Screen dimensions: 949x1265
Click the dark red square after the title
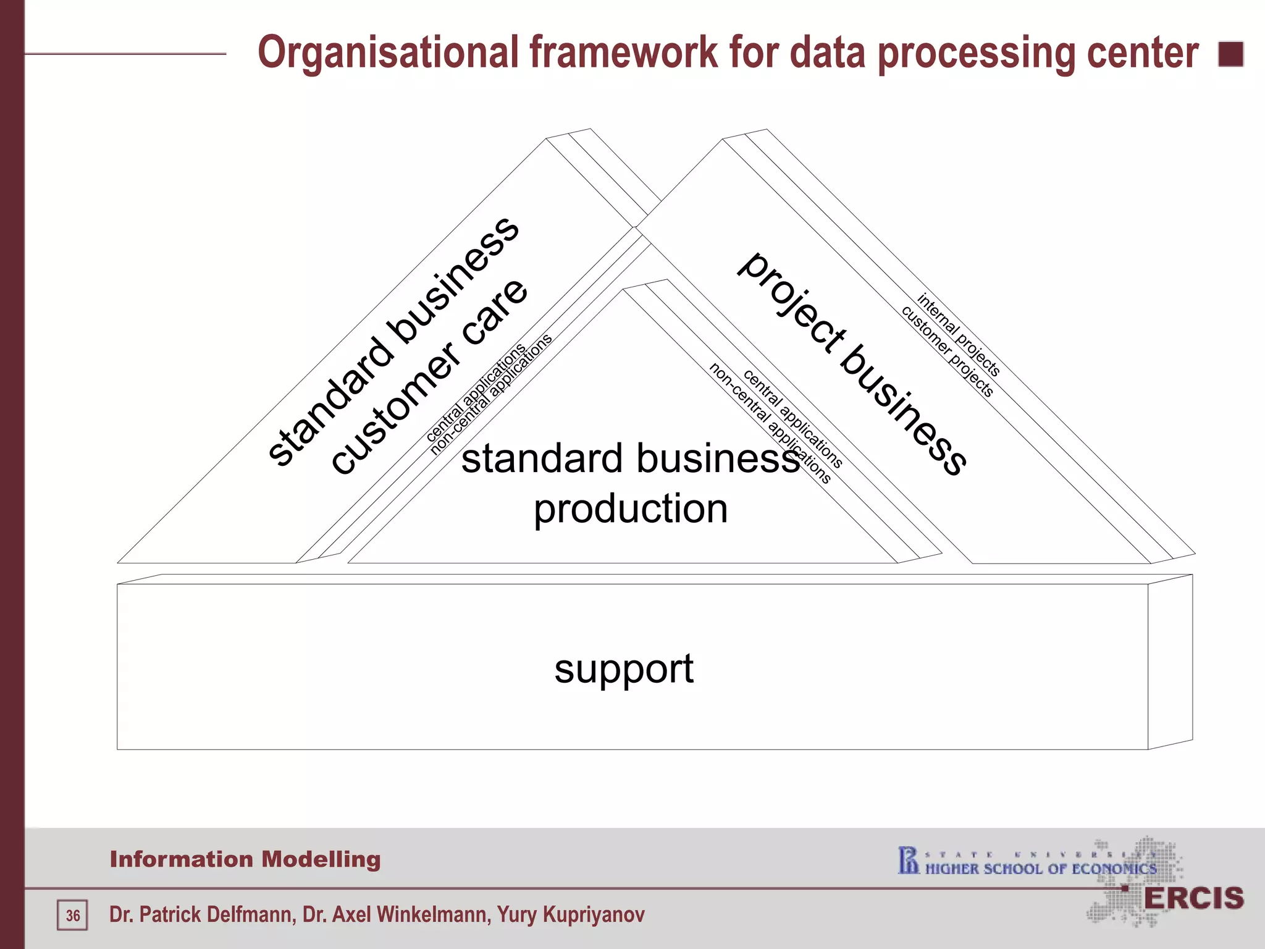pyautogui.click(x=1230, y=54)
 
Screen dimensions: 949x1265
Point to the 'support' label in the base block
pyautogui.click(x=624, y=669)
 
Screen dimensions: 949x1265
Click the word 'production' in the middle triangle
pyautogui.click(x=631, y=509)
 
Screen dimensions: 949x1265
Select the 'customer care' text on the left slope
pyautogui.click(x=430, y=377)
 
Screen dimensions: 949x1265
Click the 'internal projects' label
pyautogui.click(x=958, y=334)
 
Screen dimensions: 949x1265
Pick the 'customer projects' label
pyautogui.click(x=948, y=351)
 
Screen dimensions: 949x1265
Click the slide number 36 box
pyautogui.click(x=73, y=915)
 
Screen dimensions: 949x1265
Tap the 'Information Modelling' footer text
pyautogui.click(x=245, y=859)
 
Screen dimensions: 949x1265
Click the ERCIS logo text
pyautogui.click(x=1193, y=898)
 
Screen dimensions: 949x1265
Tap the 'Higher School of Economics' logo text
pyautogui.click(x=1041, y=869)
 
